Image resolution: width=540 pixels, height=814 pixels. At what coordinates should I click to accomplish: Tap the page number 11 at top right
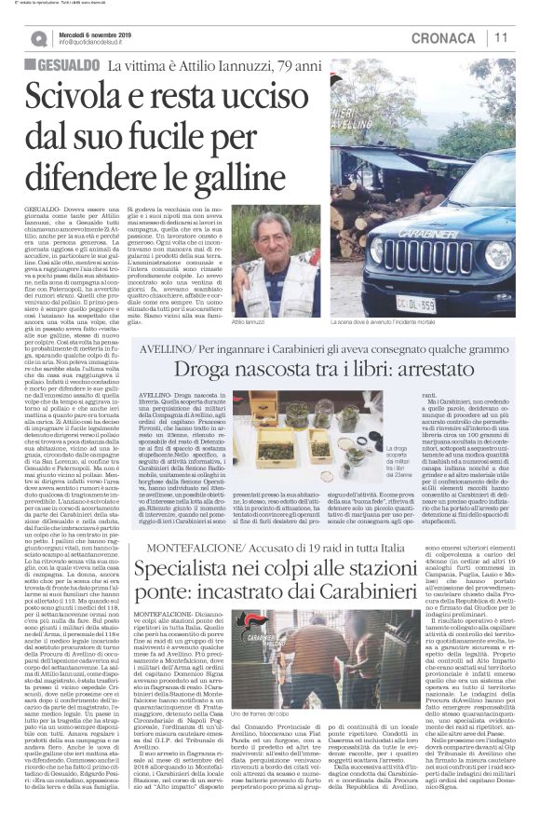coord(503,37)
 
